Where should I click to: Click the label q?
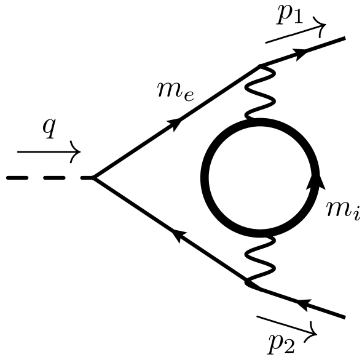[x=48, y=129]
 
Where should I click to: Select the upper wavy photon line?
[x=251, y=92]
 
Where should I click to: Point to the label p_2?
[x=286, y=345]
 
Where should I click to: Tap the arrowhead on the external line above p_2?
[x=302, y=302]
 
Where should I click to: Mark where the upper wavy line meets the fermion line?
[x=262, y=65]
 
